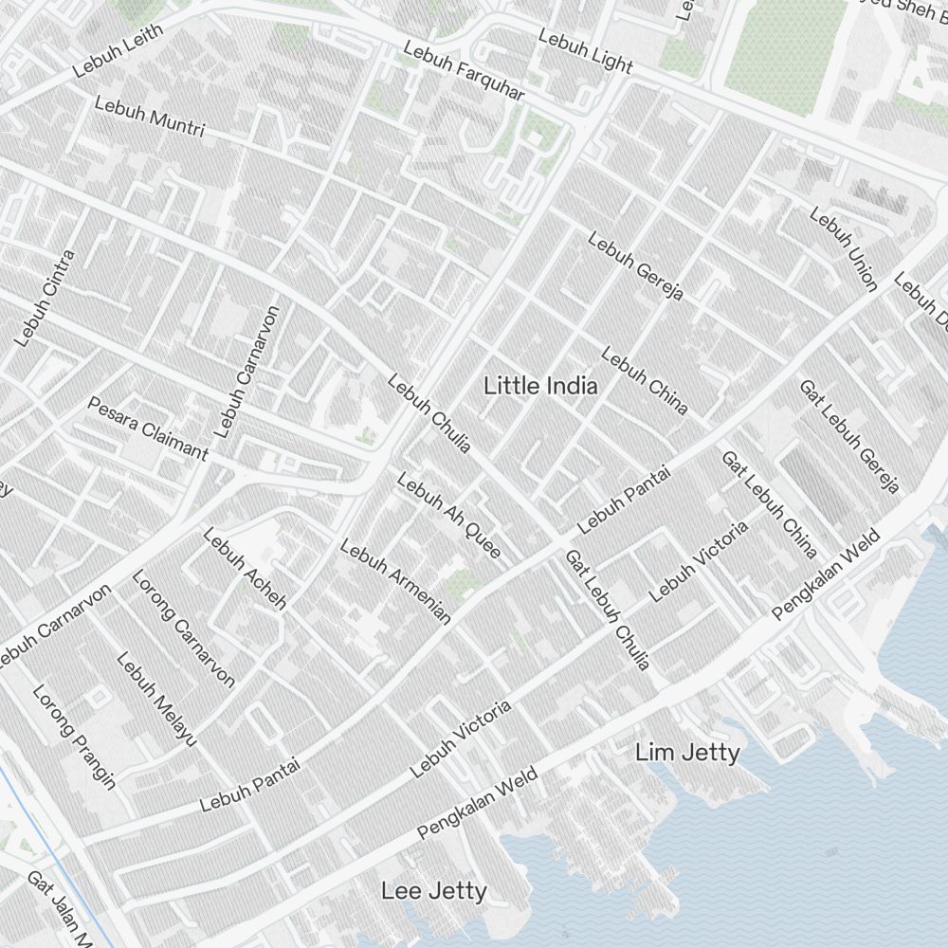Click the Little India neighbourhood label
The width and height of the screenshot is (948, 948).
coord(540,386)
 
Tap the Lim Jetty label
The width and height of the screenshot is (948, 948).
coord(687,753)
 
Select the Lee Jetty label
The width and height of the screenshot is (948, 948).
coord(434,891)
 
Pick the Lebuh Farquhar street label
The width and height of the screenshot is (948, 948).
coord(464,72)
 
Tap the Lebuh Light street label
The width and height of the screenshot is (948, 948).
coord(585,50)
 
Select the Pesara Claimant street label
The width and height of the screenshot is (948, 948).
coord(148,428)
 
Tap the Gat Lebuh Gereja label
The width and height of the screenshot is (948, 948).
coord(848,436)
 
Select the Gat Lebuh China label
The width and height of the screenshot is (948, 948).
coord(769,503)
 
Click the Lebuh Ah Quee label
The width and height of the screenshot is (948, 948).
coord(448,516)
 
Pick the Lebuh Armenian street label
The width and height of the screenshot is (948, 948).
coord(395,582)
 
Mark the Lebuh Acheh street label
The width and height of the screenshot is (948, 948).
coord(244,568)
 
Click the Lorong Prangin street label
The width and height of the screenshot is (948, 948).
coord(74,737)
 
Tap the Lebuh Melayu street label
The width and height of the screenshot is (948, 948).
coord(156,698)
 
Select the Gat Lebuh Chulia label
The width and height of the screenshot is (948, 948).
coord(608,610)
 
